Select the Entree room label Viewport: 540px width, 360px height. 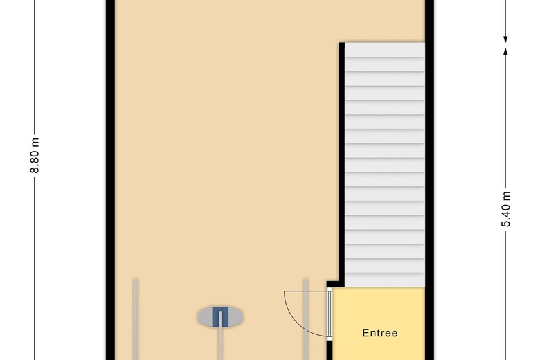pyautogui.click(x=380, y=334)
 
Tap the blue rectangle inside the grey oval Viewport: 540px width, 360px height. pyautogui.click(x=220, y=316)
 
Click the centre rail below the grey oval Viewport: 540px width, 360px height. pyautogui.click(x=220, y=343)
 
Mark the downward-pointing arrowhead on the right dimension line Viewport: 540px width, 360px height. pyautogui.click(x=506, y=36)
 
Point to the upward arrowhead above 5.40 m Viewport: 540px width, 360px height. pyautogui.click(x=506, y=51)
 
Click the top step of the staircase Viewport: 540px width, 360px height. pyautogui.click(x=384, y=51)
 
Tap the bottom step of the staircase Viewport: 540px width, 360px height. pyautogui.click(x=384, y=280)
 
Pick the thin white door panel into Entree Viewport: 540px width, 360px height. pyautogui.click(x=330, y=312)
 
